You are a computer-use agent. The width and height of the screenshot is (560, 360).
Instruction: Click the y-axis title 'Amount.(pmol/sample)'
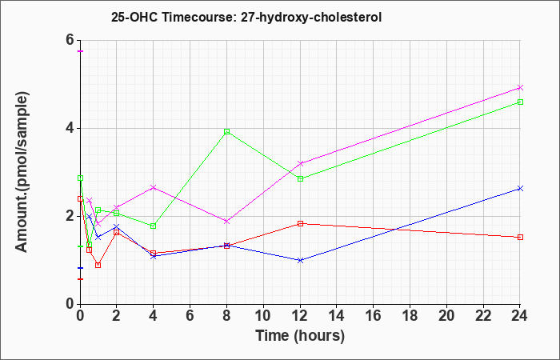22,172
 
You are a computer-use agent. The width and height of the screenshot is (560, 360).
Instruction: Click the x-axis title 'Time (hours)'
300,336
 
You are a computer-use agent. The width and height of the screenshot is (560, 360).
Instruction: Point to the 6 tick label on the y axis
70,40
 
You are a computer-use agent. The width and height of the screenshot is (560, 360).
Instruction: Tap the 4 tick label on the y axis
70,128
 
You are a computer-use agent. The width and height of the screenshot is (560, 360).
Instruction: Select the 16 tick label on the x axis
374,315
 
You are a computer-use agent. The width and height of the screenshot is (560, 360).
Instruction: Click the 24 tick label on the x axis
520,315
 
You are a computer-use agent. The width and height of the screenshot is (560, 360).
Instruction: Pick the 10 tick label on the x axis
263,315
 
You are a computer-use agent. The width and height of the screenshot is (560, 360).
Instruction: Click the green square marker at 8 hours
226,131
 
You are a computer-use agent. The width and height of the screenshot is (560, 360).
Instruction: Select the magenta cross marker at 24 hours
520,87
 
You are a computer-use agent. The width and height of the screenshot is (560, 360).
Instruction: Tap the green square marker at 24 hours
520,102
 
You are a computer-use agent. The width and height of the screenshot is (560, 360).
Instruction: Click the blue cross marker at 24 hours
520,188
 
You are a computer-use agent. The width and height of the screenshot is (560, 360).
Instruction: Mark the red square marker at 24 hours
520,237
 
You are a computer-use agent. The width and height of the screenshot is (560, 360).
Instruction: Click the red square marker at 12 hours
300,223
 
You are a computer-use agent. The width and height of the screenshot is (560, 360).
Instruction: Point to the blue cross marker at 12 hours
300,260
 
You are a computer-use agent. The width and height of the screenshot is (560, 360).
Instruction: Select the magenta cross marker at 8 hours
226,222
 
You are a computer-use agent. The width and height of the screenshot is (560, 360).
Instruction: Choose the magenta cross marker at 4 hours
154,187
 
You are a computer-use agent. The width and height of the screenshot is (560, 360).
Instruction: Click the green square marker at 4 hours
154,226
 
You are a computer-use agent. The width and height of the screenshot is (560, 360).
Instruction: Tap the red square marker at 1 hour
98,265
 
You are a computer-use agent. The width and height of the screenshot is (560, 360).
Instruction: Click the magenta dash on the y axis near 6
81,51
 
